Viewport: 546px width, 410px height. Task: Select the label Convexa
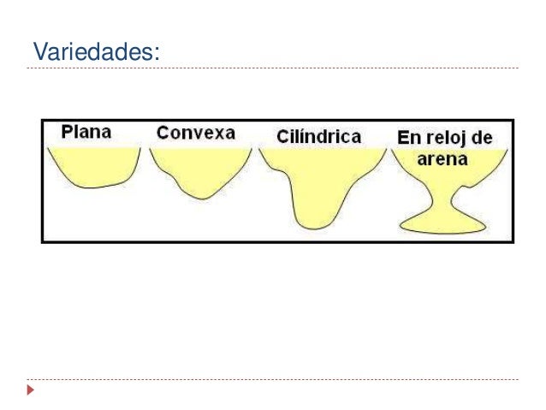[x=198, y=133]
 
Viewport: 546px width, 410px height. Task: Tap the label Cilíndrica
[x=319, y=136]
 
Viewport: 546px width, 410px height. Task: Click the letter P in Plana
[x=67, y=132]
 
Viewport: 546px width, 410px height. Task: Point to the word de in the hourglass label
[x=492, y=138]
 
